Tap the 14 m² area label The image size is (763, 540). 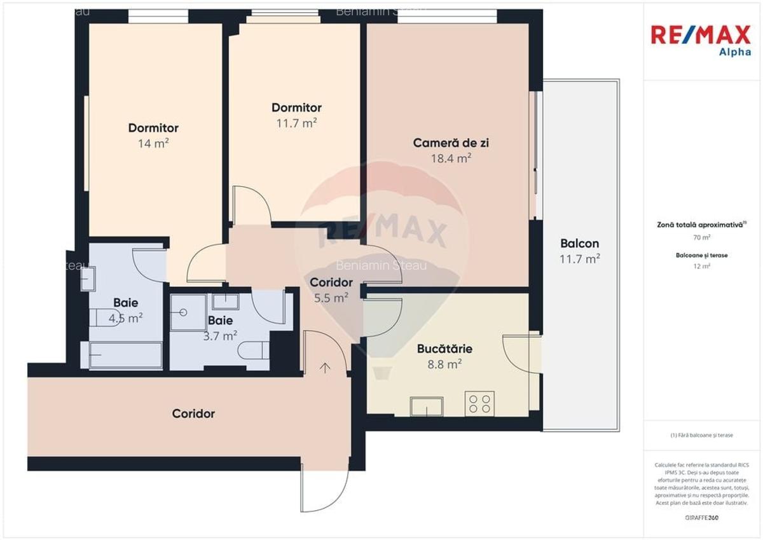tap(153, 144)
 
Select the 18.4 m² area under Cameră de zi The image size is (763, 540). tap(451, 158)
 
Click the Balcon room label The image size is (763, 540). tap(579, 244)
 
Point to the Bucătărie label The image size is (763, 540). tap(444, 349)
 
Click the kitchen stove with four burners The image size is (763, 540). tap(479, 403)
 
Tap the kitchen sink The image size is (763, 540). tap(427, 406)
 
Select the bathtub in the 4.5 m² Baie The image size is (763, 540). tap(125, 355)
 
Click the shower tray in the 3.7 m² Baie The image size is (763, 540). tap(188, 312)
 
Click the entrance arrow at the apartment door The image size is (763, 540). tap(326, 367)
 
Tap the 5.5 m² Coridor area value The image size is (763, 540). tap(331, 297)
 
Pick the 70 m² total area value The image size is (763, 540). tap(701, 237)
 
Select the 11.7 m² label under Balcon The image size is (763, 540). tap(580, 259)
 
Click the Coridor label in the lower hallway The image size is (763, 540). tap(193, 414)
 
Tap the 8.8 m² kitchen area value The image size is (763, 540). tap(445, 364)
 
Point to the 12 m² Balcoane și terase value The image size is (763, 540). tap(701, 267)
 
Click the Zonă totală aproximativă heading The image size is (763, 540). tap(701, 225)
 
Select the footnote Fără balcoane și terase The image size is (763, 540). tap(701, 435)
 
